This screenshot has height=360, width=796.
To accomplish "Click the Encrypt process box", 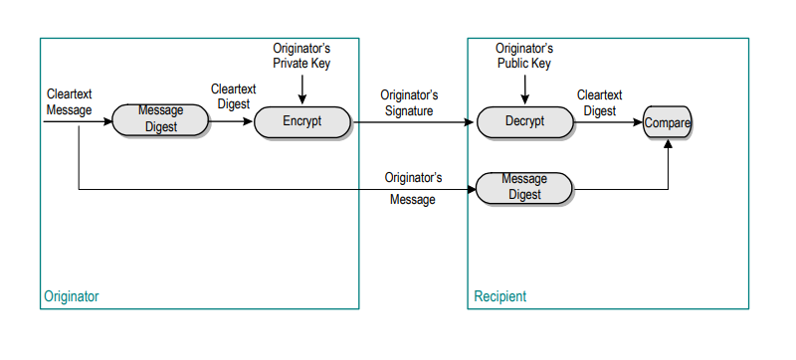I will (303, 121).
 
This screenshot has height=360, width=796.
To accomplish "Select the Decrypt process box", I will (524, 121).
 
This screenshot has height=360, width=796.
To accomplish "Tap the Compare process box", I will (667, 121).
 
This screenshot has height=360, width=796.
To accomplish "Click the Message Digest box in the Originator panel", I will (160, 119).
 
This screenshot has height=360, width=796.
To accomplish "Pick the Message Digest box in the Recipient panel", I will (524, 187).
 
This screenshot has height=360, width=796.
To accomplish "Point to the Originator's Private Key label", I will (300, 56).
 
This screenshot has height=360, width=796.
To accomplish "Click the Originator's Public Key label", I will (523, 56).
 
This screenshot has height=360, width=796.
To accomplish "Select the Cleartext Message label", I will (70, 102).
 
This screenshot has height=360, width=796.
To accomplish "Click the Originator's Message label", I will (412, 189).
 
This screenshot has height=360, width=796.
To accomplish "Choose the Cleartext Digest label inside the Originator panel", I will (233, 96).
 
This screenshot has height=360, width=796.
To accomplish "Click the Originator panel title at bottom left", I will (72, 296).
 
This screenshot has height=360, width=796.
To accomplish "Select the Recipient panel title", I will (499, 296).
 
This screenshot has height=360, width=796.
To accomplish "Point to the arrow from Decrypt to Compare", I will (609, 122).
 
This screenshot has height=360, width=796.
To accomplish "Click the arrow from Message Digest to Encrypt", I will (232, 122).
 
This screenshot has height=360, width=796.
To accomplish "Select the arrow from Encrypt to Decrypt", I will (413, 122).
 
